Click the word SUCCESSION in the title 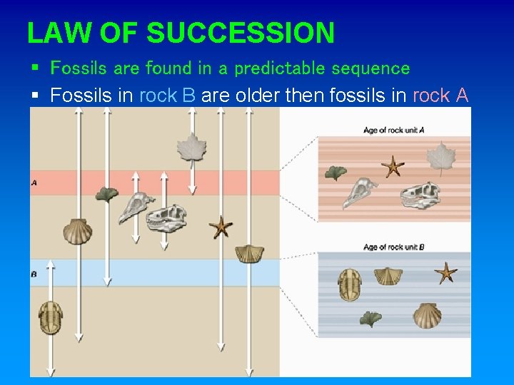click(x=241, y=33)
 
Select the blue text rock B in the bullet click(x=168, y=96)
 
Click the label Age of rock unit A click(x=394, y=130)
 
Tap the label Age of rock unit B click(x=394, y=247)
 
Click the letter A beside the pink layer click(x=34, y=183)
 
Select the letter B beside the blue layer click(x=34, y=273)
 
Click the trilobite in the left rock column click(x=51, y=317)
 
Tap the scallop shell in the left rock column click(x=77, y=230)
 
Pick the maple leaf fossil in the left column click(x=191, y=148)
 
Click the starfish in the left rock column click(x=221, y=227)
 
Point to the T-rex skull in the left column click(x=167, y=218)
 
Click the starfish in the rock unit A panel click(x=392, y=167)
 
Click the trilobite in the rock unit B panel click(x=350, y=284)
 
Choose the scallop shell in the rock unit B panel click(x=426, y=316)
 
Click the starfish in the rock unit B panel click(x=446, y=272)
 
